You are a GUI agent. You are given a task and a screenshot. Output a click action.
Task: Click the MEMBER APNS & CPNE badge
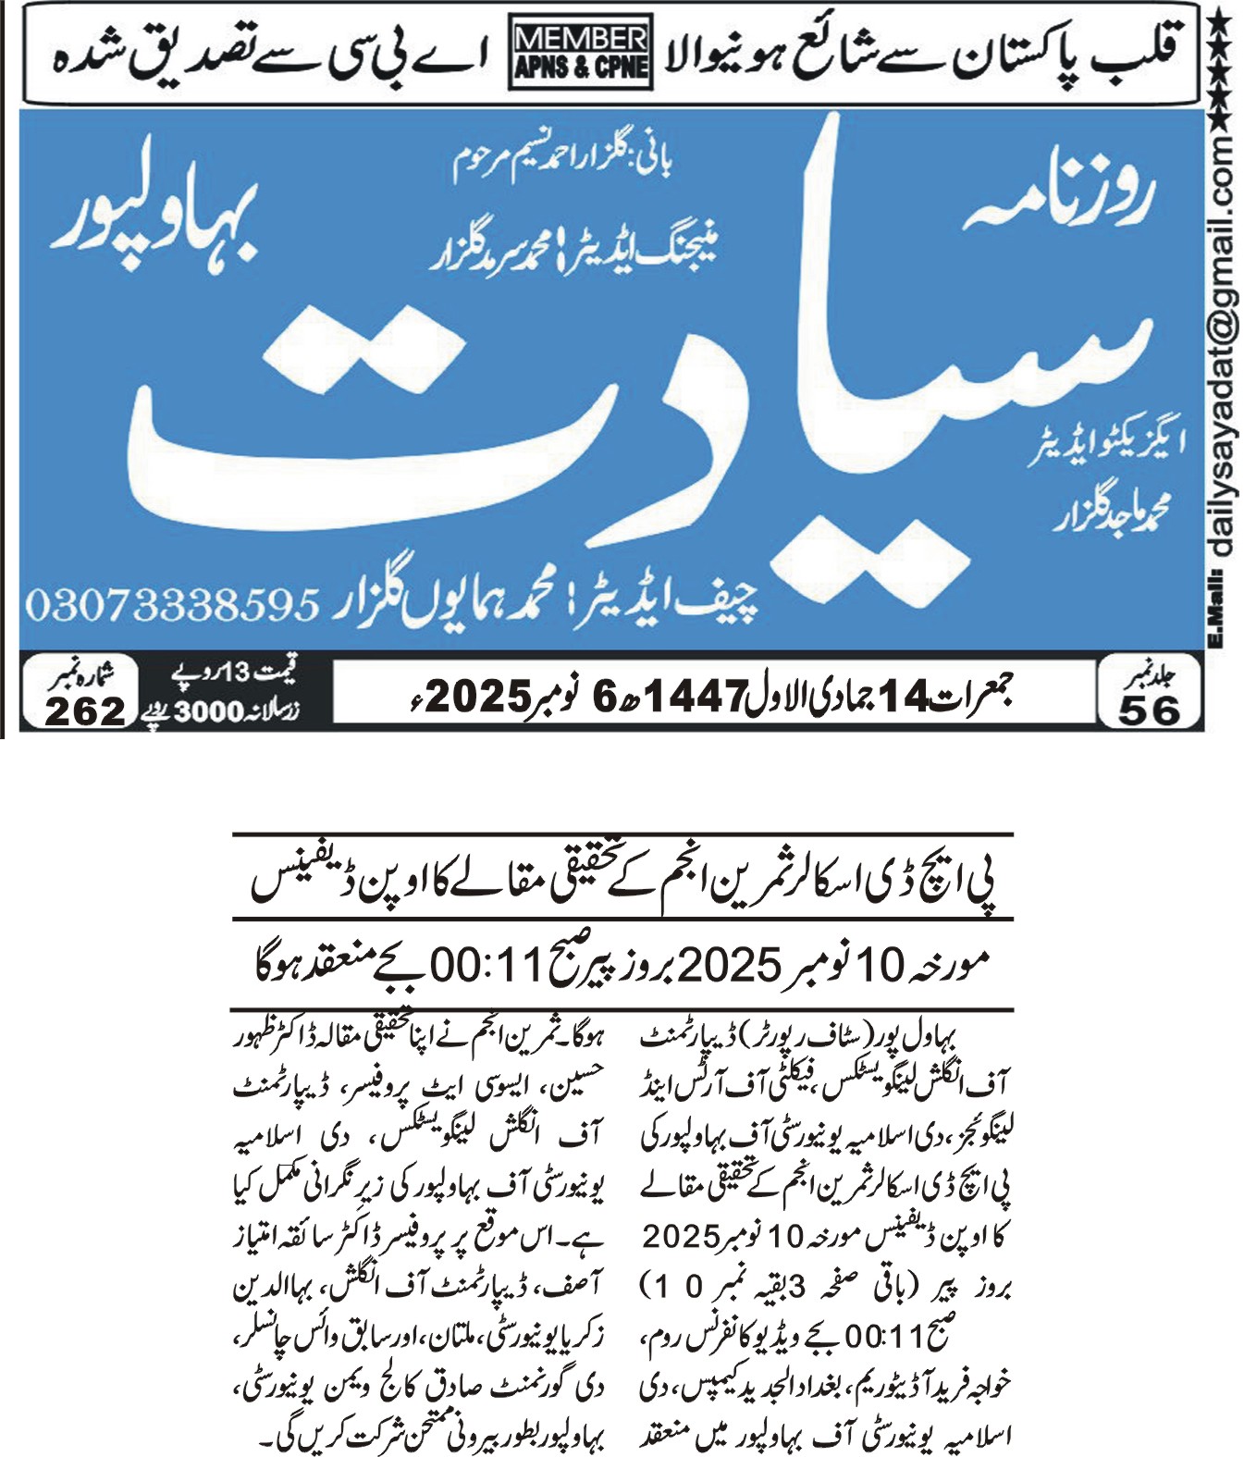pyautogui.click(x=579, y=54)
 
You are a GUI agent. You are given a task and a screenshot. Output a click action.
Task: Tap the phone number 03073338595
pyautogui.click(x=173, y=606)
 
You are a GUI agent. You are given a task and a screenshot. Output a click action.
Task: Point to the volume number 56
pyautogui.click(x=1150, y=710)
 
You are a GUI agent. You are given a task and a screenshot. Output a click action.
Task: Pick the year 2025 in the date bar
pyautogui.click(x=481, y=696)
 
